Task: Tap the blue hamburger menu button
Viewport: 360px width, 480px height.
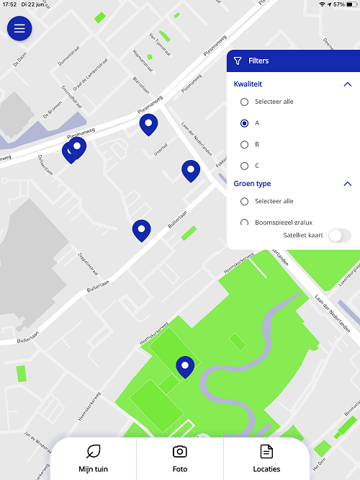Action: coord(19,29)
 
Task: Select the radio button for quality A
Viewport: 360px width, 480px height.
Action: coord(245,123)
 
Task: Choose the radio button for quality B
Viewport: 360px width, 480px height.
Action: coord(245,145)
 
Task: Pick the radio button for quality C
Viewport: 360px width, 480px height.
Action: coord(245,166)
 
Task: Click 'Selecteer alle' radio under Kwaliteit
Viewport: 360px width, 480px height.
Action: coord(245,102)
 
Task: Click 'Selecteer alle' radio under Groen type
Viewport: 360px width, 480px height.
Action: coord(245,202)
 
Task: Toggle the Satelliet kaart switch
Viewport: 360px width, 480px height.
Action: coord(339,236)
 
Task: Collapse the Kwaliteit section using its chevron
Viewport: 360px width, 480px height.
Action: coord(347,84)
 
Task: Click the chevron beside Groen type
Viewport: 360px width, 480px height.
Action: coord(347,184)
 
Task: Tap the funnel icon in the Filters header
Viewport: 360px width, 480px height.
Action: coord(238,61)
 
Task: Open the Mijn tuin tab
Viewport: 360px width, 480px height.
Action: coord(93,458)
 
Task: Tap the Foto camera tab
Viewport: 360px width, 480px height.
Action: coord(180,458)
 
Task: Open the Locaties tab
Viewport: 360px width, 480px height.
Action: coord(266,458)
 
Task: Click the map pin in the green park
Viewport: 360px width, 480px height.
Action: coord(186,367)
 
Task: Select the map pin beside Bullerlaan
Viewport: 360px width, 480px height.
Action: coord(142,230)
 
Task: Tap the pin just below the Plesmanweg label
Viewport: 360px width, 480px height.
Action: coord(148,124)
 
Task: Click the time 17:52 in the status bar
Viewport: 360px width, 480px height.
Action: coord(10,5)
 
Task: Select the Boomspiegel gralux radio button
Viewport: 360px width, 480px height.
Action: coord(245,223)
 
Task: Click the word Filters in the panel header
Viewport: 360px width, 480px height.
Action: coord(258,61)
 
